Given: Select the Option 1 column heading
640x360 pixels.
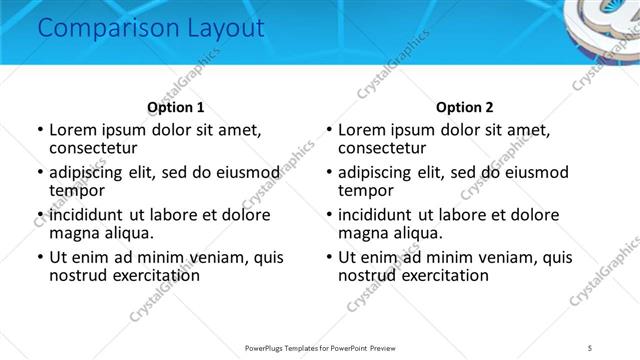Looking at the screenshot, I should [175, 107].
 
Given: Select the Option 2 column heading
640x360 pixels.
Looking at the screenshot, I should [465, 107].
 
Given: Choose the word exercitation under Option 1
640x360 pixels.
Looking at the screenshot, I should [145, 275].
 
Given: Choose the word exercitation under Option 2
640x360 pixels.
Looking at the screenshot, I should [435, 275].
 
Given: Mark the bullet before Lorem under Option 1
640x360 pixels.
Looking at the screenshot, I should [39, 131].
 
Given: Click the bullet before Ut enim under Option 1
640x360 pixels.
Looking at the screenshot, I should [39, 257].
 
